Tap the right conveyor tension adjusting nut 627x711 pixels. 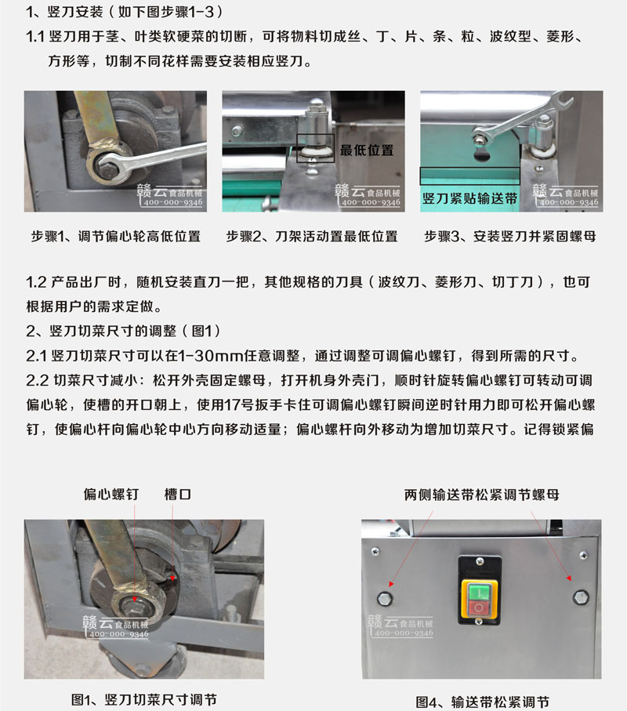(x=579, y=597)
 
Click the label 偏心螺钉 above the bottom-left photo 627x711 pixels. (x=111, y=495)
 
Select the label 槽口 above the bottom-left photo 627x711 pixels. (x=178, y=495)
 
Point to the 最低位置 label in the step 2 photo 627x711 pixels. (x=366, y=151)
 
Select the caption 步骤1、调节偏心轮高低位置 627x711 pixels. (x=115, y=236)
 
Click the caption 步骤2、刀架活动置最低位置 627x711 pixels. (x=312, y=236)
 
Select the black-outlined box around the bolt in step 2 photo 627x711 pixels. (x=315, y=147)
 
